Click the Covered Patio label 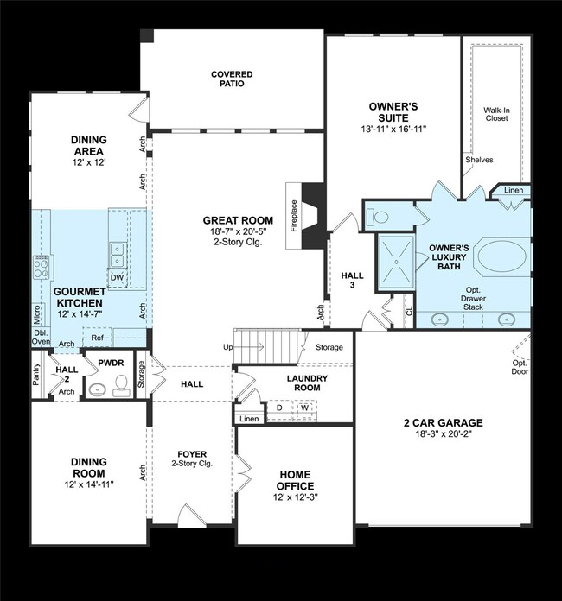[232, 79]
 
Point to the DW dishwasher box [117, 276]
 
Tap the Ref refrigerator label [96, 339]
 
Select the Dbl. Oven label [41, 335]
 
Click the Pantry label [36, 377]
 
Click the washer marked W [304, 408]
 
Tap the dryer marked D [279, 408]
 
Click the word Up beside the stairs [228, 346]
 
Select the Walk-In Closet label [495, 113]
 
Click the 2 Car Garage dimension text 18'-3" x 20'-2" [442, 436]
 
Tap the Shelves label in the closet [479, 160]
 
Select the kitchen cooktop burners [40, 267]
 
